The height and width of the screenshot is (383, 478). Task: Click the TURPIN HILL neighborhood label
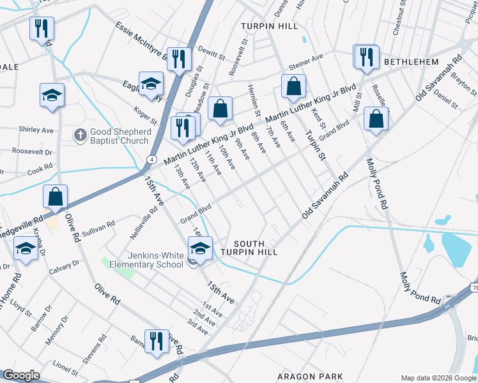tap(270, 26)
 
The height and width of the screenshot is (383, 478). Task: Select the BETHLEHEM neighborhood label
tap(411, 62)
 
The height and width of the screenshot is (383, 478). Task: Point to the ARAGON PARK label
tap(310, 377)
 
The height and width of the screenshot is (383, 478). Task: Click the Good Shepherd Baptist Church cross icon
tap(80, 134)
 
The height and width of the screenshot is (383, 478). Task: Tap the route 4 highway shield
tap(152, 158)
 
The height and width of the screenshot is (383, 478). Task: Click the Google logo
tap(21, 375)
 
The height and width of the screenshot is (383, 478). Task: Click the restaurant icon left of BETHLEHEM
tap(366, 56)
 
